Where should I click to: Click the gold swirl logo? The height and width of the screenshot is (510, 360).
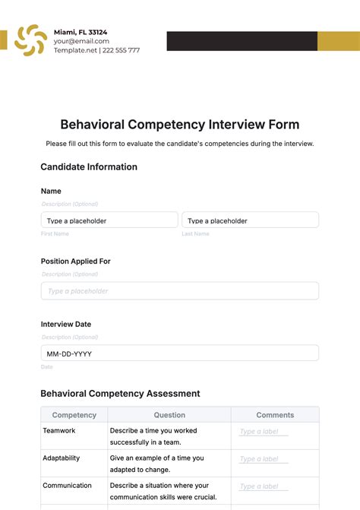30,40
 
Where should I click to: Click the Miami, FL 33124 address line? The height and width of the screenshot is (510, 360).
81,32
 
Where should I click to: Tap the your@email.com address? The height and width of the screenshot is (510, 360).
81,41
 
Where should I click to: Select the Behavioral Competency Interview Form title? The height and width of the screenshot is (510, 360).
180,124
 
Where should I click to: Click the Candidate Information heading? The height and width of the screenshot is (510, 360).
89,166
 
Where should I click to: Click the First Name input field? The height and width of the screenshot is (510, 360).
109,220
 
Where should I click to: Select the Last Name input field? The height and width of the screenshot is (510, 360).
250,220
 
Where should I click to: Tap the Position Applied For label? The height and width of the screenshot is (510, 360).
76,261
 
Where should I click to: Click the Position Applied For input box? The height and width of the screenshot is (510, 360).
180,291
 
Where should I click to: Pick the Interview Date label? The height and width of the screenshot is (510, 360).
66,324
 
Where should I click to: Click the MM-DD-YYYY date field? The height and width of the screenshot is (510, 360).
180,353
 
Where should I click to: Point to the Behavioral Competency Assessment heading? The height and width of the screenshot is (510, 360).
120,394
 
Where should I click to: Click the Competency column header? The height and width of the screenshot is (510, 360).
74,415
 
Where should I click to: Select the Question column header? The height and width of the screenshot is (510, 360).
169,415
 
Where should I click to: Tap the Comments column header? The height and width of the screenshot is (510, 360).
275,415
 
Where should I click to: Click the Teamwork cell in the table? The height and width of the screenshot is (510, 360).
59,430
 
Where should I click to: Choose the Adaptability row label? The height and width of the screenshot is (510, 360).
63,458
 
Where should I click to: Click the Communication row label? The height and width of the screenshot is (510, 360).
67,485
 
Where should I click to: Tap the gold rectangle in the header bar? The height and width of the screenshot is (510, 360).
338,41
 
